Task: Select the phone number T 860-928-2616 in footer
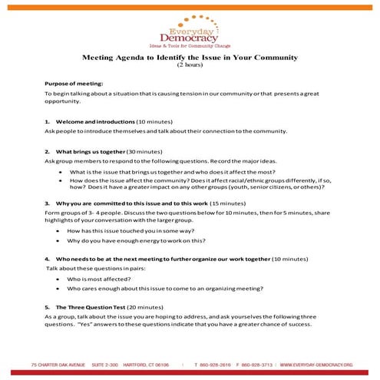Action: pyautogui.click(x=212, y=365)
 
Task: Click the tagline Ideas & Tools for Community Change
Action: pyautogui.click(x=189, y=45)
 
